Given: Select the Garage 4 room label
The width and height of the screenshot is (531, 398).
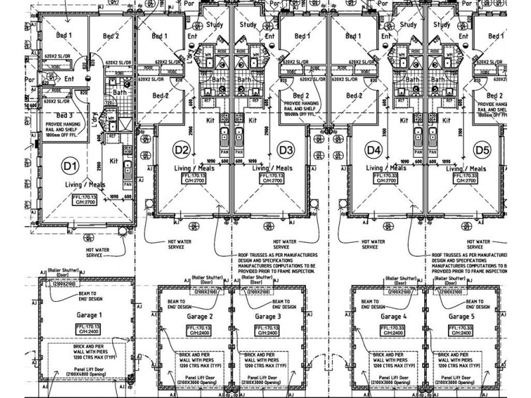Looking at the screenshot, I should [x=395, y=316].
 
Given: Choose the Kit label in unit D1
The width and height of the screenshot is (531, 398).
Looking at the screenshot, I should [x=114, y=161].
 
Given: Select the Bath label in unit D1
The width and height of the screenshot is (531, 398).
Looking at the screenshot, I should [x=119, y=92].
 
